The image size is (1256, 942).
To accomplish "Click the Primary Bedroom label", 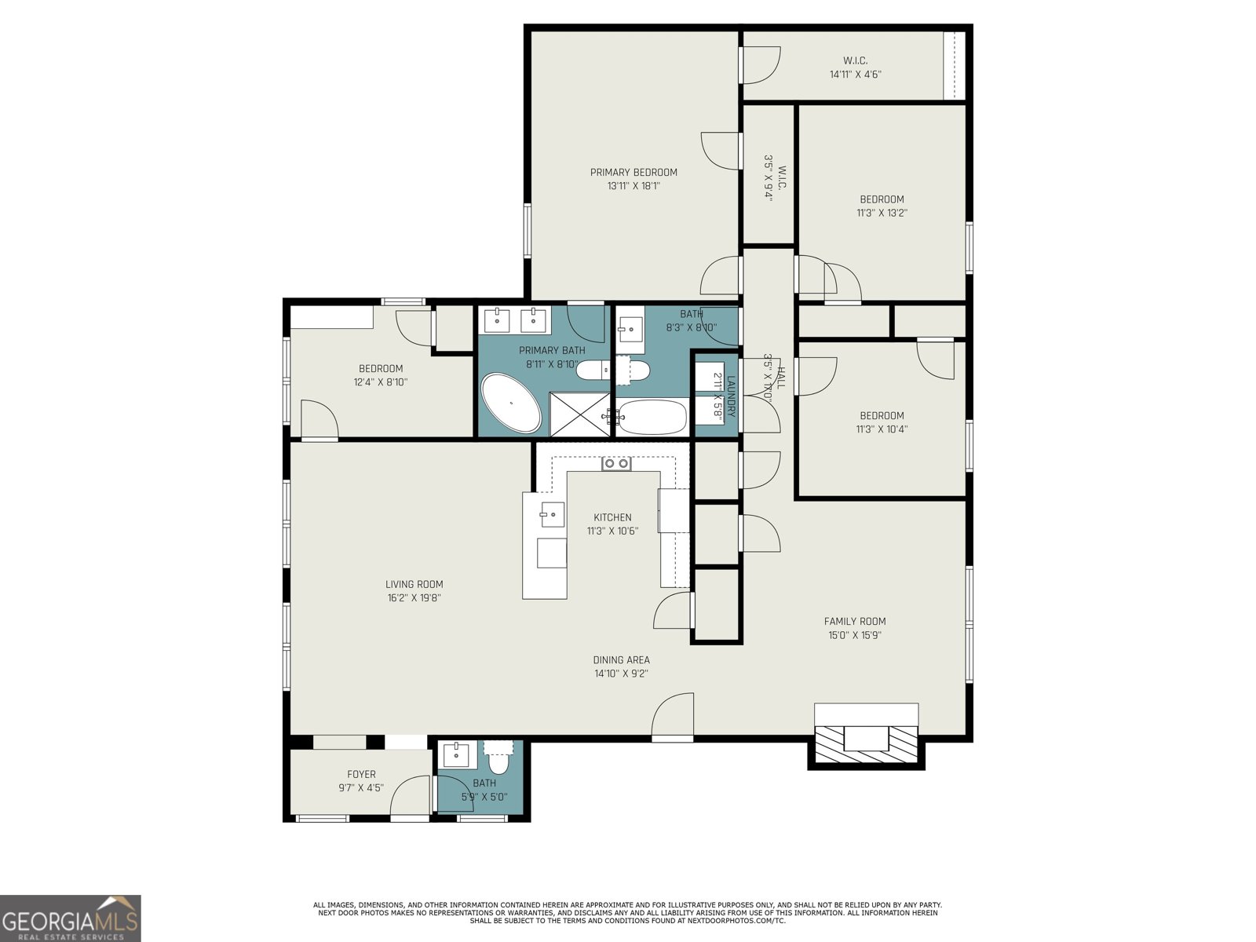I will (633, 173).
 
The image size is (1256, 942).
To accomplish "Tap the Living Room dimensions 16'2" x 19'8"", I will (414, 597).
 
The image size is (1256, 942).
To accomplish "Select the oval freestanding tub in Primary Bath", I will (511, 403).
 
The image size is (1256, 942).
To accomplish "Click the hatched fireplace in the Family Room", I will (867, 743).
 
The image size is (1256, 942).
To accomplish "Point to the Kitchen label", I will (612, 517).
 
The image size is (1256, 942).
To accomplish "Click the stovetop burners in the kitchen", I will (616, 464).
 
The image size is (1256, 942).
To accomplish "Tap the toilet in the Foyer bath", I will (498, 760).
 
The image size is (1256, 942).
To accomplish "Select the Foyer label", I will (361, 774).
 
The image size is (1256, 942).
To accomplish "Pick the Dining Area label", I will (621, 660).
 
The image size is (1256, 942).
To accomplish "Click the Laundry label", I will (730, 396).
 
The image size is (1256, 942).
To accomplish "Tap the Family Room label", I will (855, 621).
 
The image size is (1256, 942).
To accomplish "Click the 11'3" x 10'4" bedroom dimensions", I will (882, 429).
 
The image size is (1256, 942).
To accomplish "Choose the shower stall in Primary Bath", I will (579, 414).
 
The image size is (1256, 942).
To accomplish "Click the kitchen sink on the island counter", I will (552, 515).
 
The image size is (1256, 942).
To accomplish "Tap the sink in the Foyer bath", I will (456, 755).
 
